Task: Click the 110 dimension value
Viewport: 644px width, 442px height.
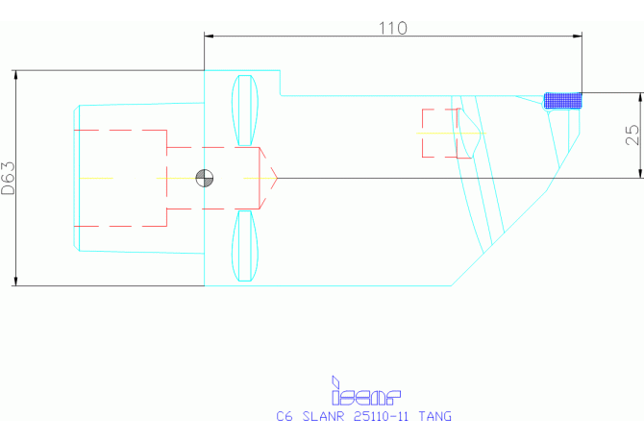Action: coord(392,28)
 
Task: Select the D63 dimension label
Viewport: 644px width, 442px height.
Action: coord(9,178)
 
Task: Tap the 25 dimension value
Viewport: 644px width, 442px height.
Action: coord(632,135)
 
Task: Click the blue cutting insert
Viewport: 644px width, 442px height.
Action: coord(564,100)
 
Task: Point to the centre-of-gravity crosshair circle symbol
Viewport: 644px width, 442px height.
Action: coord(204,178)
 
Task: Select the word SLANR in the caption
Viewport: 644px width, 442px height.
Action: coord(324,417)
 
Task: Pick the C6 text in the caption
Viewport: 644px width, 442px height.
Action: coord(284,417)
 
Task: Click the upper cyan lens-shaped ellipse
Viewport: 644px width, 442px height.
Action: coord(247,109)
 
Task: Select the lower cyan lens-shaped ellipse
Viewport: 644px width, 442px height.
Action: coord(247,247)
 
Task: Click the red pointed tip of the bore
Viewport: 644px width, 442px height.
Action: coord(275,178)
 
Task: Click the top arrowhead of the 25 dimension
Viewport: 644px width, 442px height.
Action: coord(639,97)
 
